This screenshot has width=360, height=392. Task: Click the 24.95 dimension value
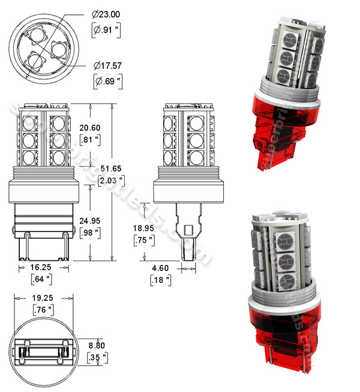click(x=91, y=220)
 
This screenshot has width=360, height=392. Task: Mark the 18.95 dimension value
click(x=145, y=229)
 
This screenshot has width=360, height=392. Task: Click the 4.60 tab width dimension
click(x=160, y=269)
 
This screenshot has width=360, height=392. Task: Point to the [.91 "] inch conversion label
click(x=106, y=29)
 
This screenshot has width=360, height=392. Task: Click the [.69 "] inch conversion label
click(x=106, y=79)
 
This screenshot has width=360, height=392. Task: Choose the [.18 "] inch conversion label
click(x=160, y=280)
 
